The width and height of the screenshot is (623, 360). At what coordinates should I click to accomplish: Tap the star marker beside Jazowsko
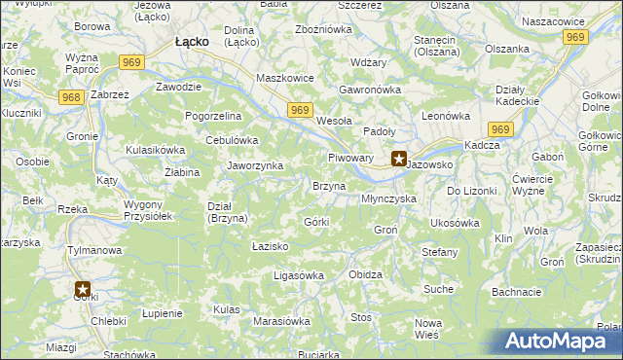pyautogui.click(x=399, y=160)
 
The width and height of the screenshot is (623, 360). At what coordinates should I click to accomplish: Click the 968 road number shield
pyautogui.click(x=70, y=97)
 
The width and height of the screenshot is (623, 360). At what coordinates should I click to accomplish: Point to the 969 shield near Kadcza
pyautogui.click(x=501, y=129)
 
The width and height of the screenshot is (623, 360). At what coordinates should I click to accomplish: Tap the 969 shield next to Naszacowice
pyautogui.click(x=575, y=37)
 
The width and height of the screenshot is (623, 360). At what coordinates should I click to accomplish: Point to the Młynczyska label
pyautogui.click(x=388, y=198)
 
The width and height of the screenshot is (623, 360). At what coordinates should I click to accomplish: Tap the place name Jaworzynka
pyautogui.click(x=255, y=165)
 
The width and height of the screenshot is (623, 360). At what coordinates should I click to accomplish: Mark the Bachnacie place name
pyautogui.click(x=516, y=291)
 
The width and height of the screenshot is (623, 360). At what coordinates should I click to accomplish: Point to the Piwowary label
pyautogui.click(x=350, y=157)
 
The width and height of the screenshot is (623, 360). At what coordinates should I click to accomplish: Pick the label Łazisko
pyautogui.click(x=270, y=247)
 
